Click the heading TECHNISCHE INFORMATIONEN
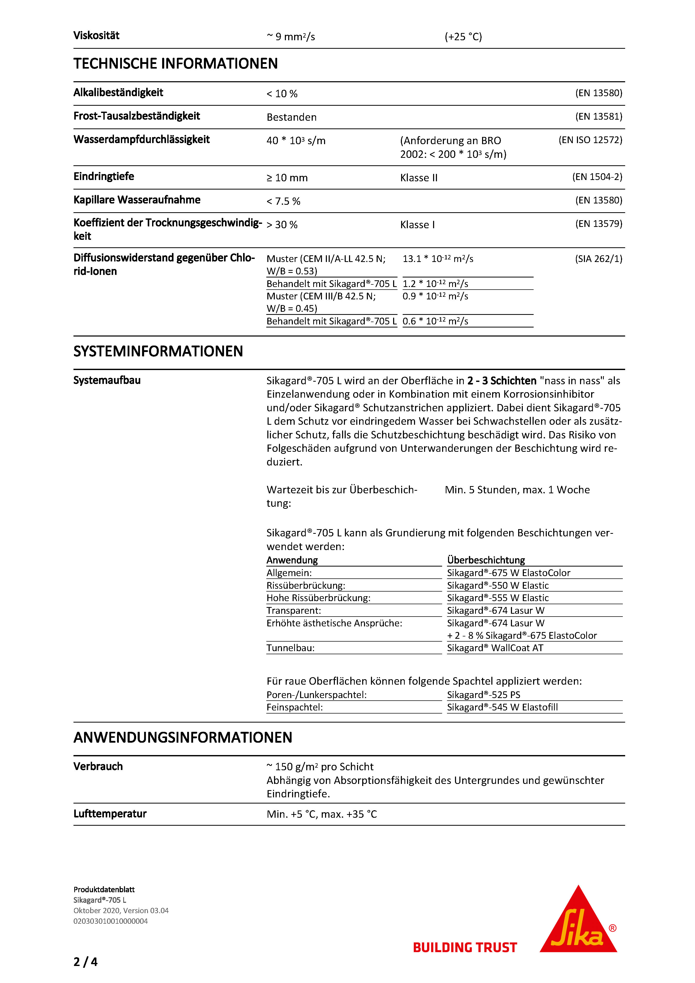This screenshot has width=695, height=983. [176, 64]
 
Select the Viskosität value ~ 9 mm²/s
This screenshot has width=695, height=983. [291, 37]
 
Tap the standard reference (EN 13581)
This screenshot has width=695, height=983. [598, 117]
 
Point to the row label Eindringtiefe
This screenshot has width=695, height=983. [104, 176]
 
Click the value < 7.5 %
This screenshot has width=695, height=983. [283, 201]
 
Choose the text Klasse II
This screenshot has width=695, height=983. [419, 178]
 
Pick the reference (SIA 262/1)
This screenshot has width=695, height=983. [598, 259]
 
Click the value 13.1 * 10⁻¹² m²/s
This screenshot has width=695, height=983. [438, 259]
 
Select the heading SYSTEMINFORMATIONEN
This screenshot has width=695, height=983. [158, 351]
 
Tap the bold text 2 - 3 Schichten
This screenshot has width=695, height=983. [502, 381]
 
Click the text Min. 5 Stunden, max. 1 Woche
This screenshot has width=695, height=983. [517, 490]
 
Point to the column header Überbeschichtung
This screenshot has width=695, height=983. [486, 560]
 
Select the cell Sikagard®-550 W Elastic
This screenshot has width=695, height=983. [498, 585]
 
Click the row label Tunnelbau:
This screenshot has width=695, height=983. [291, 648]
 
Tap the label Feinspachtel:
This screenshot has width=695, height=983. [294, 707]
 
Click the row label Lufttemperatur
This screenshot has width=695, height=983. [110, 814]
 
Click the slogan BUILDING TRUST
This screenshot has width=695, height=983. [465, 947]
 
